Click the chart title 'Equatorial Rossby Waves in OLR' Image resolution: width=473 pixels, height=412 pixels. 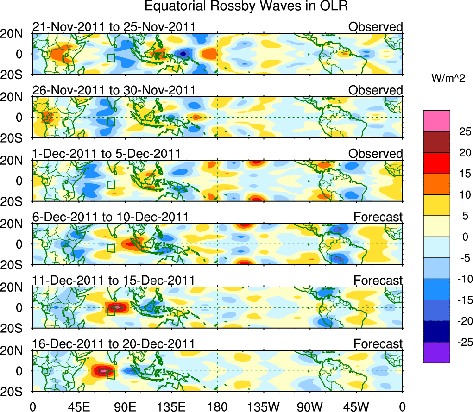tap(246, 6)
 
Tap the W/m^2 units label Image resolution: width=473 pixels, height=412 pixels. tap(448, 79)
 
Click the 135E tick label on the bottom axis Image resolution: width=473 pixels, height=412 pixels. tap(171, 406)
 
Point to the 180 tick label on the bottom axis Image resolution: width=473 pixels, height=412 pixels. tap(217, 406)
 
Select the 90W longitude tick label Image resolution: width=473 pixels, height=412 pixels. tap(310, 406)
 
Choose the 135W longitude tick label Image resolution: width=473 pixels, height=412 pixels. tap(264, 406)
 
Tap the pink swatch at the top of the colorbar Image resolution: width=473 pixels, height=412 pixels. tap(436, 121)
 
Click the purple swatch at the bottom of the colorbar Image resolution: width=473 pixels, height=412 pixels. tap(436, 352)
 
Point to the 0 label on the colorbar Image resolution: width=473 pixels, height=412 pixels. tap(459, 237)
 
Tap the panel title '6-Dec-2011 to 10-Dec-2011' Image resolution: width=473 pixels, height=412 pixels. tap(110, 217)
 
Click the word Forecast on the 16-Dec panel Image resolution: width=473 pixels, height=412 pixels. tap(378, 344)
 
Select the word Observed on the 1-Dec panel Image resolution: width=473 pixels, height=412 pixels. tap(376, 154)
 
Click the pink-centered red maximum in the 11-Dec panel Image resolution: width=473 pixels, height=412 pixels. tap(118, 306)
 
